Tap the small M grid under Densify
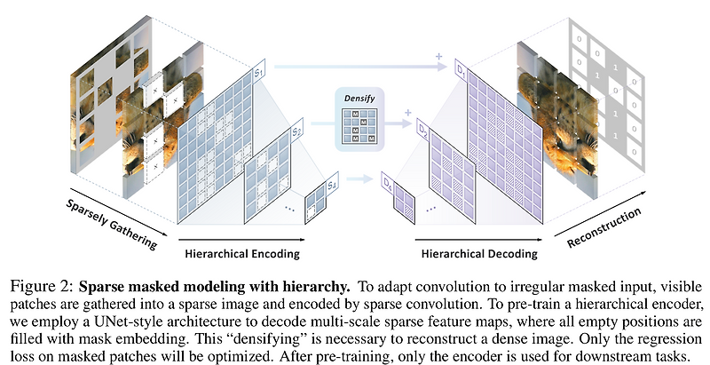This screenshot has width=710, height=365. [357, 130]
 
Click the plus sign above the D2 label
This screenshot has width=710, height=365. [407, 113]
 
